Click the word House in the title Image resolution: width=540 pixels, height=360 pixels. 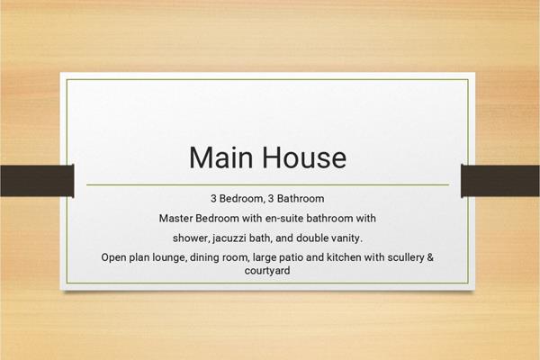click(x=305, y=157)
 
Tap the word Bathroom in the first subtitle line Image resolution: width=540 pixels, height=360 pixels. click(x=301, y=198)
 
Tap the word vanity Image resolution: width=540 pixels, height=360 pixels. click(x=346, y=238)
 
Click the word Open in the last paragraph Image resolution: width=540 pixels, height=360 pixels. click(x=113, y=257)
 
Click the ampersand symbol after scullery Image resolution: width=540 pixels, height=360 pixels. click(x=430, y=257)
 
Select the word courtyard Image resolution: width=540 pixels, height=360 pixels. click(x=267, y=270)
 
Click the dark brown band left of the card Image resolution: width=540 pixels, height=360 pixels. click(x=37, y=181)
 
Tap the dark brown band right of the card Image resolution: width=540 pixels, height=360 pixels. click(x=500, y=181)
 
